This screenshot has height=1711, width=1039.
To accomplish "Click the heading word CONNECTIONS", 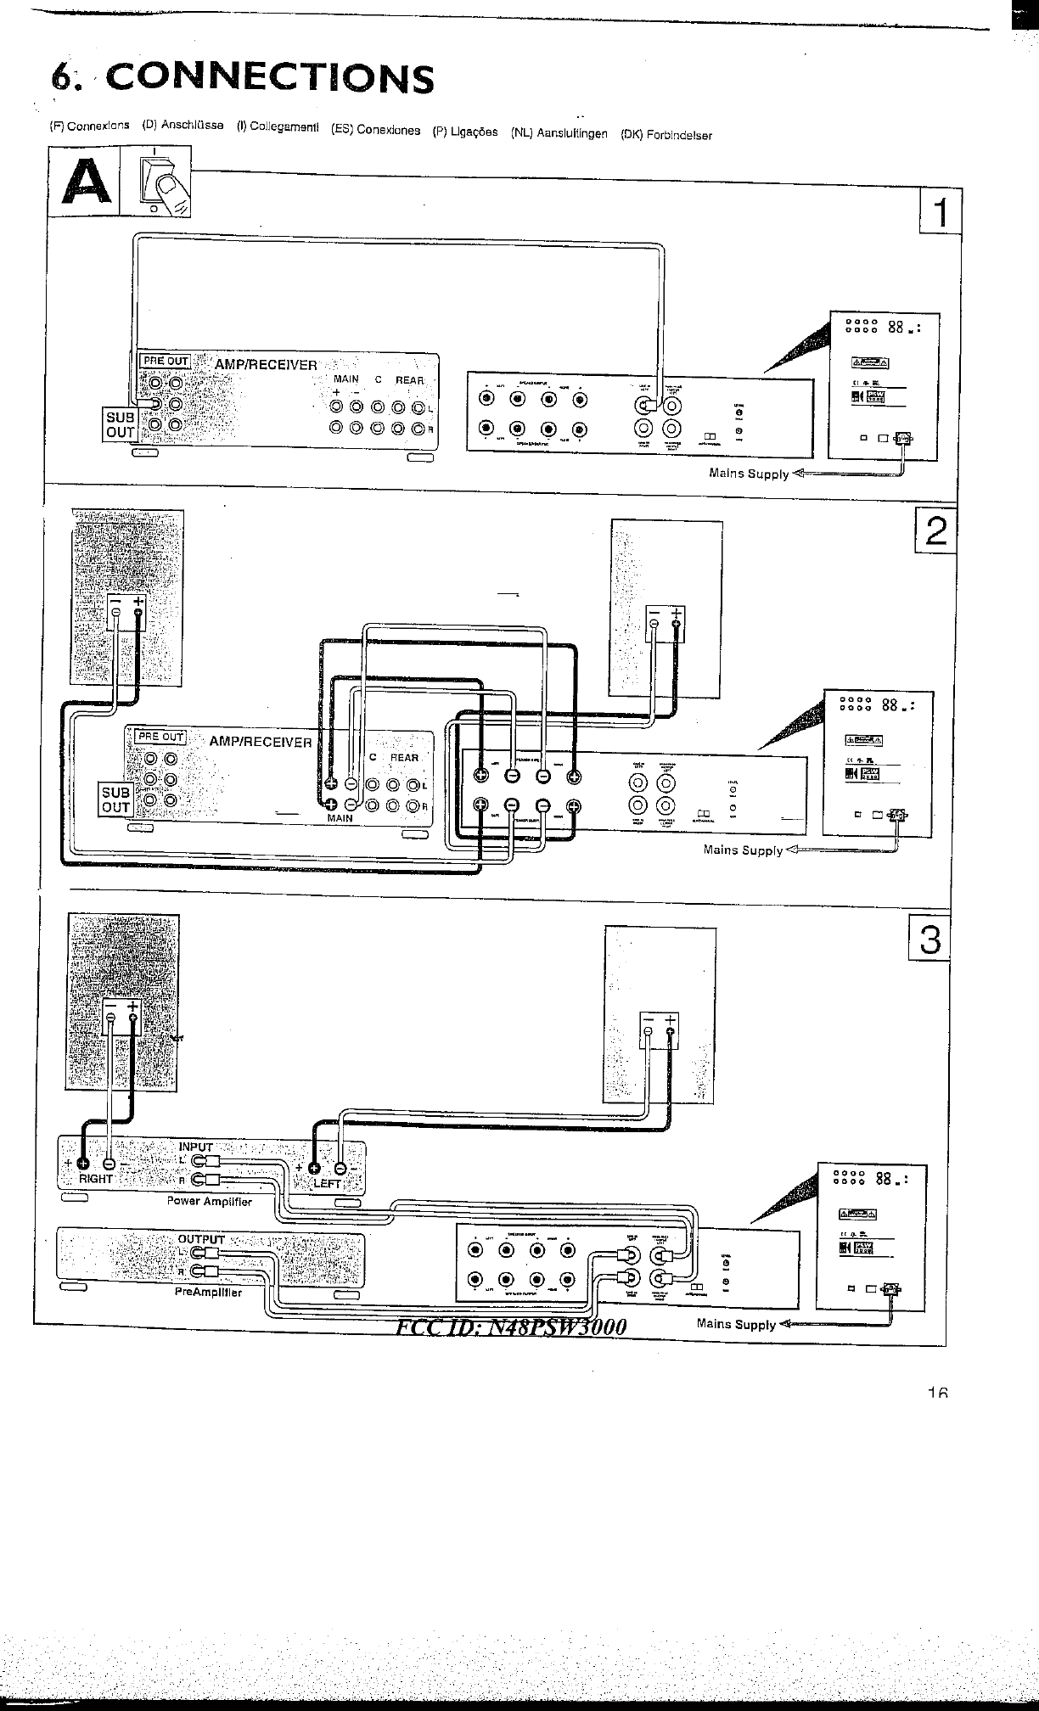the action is pos(271,78).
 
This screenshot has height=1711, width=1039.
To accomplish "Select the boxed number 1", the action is pos(941,210).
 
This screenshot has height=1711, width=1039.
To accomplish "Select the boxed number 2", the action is pos(935,531).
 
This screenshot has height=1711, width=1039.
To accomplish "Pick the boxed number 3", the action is pos(929,940).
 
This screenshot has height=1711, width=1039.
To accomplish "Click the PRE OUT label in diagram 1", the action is pos(166,361).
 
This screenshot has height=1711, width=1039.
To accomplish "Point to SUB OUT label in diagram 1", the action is pos(120,424).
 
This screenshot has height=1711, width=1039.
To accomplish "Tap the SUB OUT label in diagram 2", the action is pos(115,799).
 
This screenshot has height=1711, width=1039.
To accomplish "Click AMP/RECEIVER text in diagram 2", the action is pos(261,742).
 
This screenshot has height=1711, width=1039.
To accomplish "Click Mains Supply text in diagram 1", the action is pos(749,474).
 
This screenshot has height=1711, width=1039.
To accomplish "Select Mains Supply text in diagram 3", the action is pos(736,1324).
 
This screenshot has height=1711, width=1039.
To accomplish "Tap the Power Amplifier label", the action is pos(209,1201).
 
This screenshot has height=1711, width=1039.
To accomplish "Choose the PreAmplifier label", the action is pos(208,1293).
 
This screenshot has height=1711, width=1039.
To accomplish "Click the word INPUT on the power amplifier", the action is pos(196,1147).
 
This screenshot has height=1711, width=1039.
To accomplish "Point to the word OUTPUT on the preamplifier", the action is pos(201,1239).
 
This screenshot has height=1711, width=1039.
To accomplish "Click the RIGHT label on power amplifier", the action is pos(96,1179).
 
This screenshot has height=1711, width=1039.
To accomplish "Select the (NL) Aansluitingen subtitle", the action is pos(559,133).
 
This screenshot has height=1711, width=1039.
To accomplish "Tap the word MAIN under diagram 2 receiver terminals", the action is pos(340,818).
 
